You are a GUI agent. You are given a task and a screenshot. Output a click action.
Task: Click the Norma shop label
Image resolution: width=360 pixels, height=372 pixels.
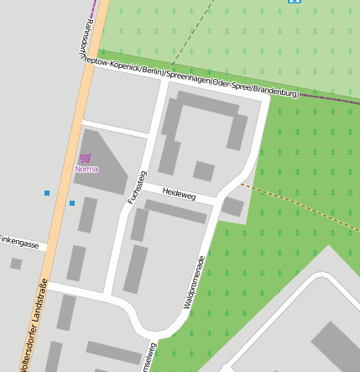(x=86, y=169)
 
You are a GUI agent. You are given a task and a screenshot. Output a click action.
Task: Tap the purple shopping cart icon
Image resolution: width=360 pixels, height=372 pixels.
(x=85, y=158)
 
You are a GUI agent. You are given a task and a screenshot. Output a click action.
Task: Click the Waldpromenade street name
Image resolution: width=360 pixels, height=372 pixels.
(x=193, y=280)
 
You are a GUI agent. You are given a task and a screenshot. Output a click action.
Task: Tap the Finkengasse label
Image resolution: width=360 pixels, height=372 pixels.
(x=19, y=244)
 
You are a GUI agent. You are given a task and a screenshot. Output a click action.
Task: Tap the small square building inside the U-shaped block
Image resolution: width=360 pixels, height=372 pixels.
(x=203, y=171)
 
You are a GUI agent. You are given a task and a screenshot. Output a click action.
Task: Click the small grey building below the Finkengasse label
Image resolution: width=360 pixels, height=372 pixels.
(x=16, y=264)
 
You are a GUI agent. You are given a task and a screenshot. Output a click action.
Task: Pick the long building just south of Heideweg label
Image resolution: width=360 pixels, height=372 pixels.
(x=175, y=212)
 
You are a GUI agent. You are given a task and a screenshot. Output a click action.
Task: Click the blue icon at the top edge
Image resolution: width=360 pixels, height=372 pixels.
(x=294, y=2)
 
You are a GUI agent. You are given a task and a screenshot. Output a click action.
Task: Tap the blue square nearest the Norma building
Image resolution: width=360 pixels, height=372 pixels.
(x=72, y=203)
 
